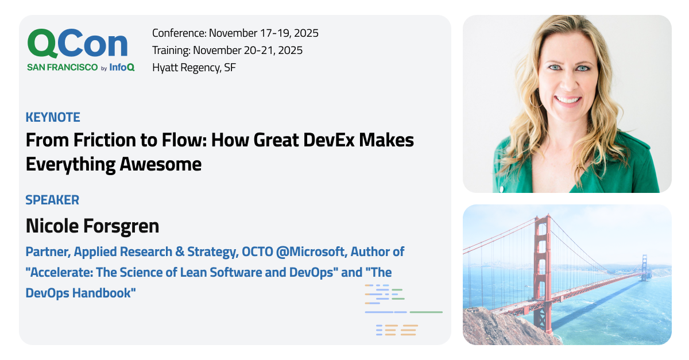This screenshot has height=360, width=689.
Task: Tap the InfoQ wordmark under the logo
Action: pyautogui.click(x=122, y=67)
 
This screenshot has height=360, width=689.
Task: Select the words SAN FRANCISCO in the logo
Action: pyautogui.click(x=63, y=67)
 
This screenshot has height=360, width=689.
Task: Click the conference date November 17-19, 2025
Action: pyautogui.click(x=264, y=33)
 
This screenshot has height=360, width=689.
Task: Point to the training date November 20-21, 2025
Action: pyautogui.click(x=247, y=50)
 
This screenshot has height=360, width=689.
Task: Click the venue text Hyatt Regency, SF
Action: pyautogui.click(x=194, y=67)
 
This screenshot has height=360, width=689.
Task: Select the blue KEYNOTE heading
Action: pyautogui.click(x=53, y=117)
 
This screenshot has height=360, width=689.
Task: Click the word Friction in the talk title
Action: pyautogui.click(x=105, y=140)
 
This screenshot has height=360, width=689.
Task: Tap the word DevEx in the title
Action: pyautogui.click(x=328, y=140)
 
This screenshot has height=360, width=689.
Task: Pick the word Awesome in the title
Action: pyautogui.click(x=160, y=164)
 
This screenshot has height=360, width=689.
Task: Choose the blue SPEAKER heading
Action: pyautogui.click(x=52, y=200)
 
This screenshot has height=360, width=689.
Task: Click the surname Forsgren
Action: pyautogui.click(x=121, y=226)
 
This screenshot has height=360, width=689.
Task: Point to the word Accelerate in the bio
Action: pyautogui.click(x=60, y=272)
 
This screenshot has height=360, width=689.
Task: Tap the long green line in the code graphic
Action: pyautogui.click(x=426, y=312)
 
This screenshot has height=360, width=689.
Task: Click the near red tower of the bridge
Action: pyautogui.click(x=541, y=271)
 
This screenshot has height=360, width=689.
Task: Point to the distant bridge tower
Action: pyautogui.click(x=644, y=267)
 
